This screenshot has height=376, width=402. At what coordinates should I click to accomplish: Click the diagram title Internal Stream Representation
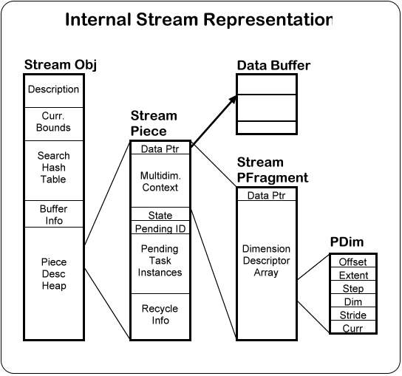[x=199, y=19]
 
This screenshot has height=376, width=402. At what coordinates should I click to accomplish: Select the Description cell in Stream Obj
[x=54, y=91]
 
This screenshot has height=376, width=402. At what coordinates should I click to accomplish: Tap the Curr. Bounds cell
[x=54, y=124]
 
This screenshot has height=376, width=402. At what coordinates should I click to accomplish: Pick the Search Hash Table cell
[x=54, y=171]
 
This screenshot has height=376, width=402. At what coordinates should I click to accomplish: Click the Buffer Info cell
[x=54, y=213]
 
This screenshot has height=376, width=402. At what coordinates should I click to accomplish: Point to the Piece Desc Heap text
[x=54, y=274]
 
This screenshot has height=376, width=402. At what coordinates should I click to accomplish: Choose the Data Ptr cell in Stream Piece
[x=160, y=148]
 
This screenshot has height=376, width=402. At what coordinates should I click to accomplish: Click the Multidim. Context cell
[x=160, y=181]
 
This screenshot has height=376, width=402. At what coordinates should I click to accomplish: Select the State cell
[x=160, y=214]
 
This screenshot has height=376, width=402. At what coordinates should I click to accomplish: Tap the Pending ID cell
[x=160, y=228]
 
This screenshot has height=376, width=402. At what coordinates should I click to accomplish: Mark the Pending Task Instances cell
[x=160, y=264]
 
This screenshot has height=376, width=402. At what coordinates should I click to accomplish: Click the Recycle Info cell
[x=160, y=316]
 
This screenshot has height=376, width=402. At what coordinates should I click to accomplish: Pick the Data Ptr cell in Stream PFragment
[x=267, y=194]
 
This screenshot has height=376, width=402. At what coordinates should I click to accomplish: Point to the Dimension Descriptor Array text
[x=266, y=261]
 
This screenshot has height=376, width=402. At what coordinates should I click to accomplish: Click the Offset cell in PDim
[x=353, y=261]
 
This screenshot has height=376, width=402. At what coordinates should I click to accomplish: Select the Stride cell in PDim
[x=353, y=314]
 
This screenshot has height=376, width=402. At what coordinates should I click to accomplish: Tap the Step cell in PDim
[x=353, y=287]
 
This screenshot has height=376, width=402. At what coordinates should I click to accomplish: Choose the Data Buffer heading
[x=273, y=65]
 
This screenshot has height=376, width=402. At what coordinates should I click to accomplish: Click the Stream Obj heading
[x=61, y=64]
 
